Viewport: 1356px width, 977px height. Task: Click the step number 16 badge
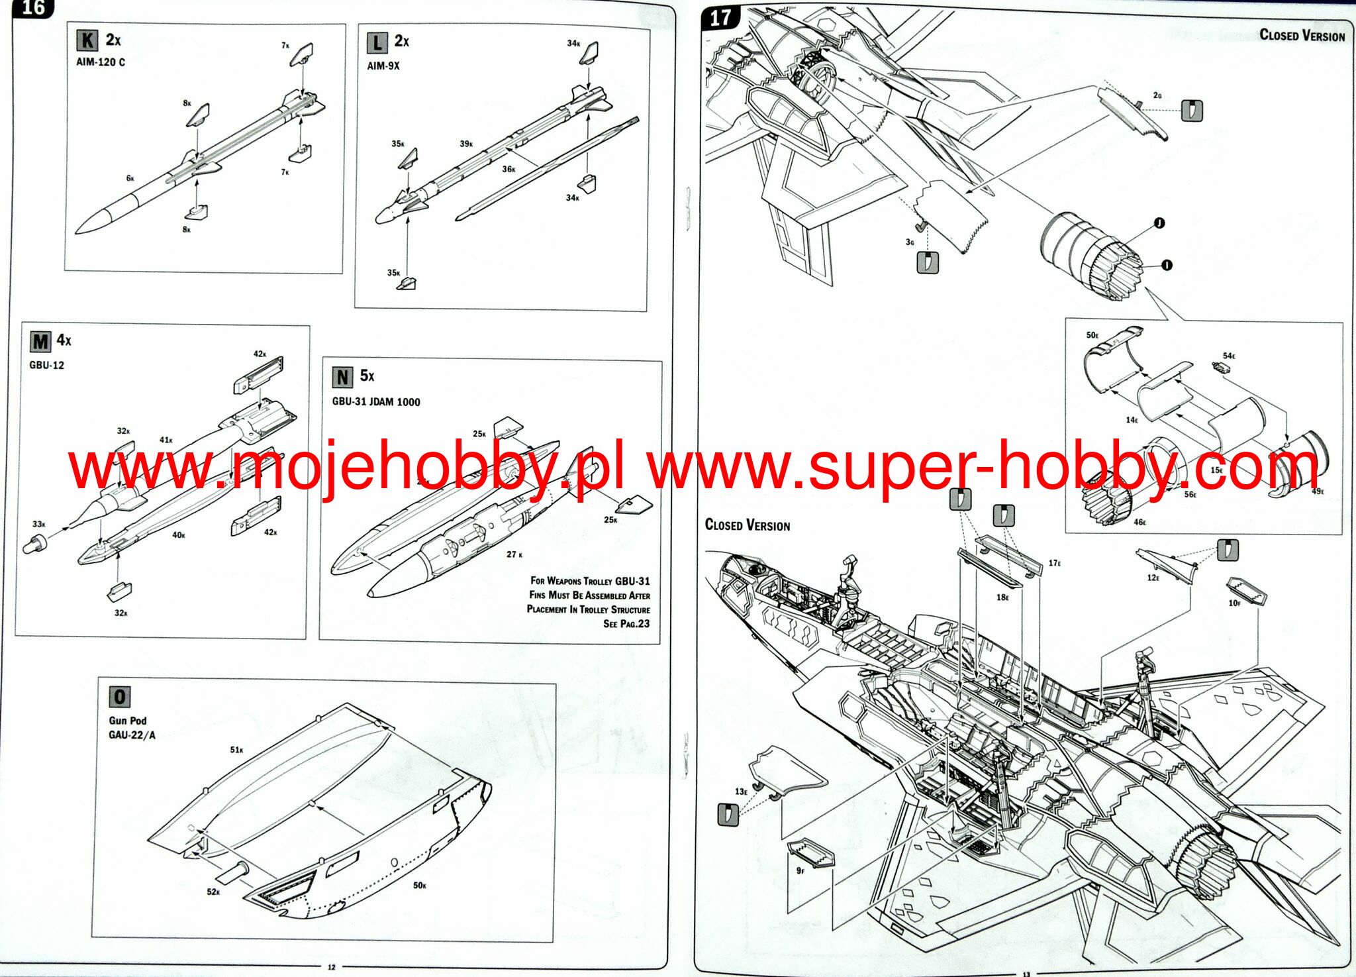pos(32,9)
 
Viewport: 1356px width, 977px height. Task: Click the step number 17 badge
pos(720,18)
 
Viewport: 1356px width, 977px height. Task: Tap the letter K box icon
pos(87,40)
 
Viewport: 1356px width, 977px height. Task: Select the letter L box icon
pos(377,43)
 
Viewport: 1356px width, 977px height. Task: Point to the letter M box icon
pos(40,342)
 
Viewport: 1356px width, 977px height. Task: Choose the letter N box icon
pos(342,378)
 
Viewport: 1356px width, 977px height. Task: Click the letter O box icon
pos(120,697)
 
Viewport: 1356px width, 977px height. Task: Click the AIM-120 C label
pos(101,62)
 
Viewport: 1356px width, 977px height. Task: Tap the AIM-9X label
pos(383,66)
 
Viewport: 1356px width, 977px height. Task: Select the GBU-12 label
pos(46,365)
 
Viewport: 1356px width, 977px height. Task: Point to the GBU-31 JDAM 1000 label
pos(376,401)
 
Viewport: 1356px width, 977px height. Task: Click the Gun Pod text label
pos(128,720)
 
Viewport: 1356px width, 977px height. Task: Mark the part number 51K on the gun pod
pos(236,750)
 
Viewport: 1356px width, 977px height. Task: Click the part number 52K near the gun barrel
pos(213,892)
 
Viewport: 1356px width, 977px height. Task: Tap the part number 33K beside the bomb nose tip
pos(39,524)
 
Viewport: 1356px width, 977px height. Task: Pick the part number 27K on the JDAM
pos(514,554)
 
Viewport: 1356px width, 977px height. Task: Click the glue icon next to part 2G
pos(1192,111)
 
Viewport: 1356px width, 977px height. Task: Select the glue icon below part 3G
pos(928,263)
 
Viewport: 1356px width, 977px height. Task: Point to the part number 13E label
pos(741,792)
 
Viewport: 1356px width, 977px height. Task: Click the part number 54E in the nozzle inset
pos(1229,356)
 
